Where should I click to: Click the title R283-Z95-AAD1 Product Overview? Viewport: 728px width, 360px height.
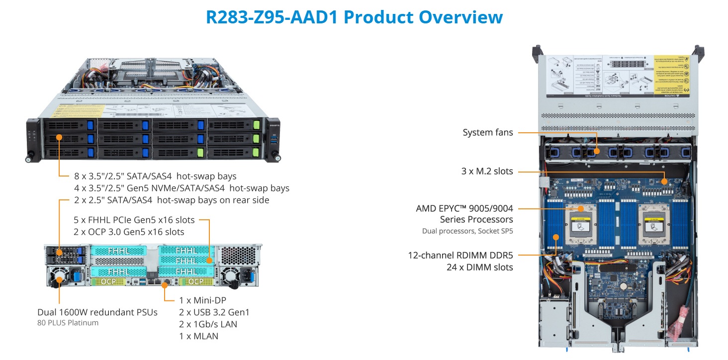pos(354,17)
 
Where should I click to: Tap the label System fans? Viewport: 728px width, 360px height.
pos(487,132)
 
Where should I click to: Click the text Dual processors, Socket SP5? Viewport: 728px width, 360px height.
pos(467,231)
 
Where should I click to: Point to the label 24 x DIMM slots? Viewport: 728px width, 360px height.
pos(479,267)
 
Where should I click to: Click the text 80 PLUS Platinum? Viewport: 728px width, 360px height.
pos(68,323)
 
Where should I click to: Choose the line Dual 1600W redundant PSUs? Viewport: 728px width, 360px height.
pos(97,312)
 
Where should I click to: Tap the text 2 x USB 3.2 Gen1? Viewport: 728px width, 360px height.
pos(214,312)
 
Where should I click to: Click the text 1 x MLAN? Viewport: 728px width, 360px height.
pos(198,336)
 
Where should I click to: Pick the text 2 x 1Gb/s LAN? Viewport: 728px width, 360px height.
pos(208,324)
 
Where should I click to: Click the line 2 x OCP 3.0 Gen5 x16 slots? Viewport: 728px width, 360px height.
pos(128,232)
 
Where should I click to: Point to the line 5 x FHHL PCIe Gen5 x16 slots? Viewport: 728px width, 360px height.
pos(134,220)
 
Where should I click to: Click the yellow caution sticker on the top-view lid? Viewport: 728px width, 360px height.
pos(671,76)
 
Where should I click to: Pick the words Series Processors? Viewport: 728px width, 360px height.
pos(476,219)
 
